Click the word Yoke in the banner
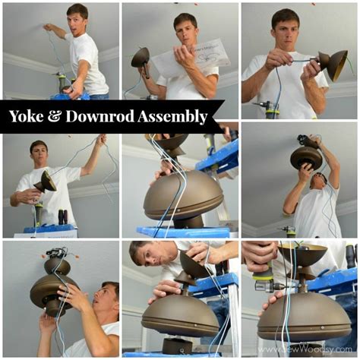28,116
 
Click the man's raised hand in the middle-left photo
100,141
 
